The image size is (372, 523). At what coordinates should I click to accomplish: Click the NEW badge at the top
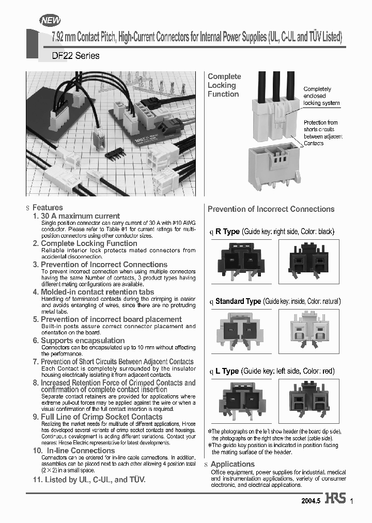tap(50, 20)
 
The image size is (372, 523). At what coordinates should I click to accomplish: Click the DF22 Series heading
tap(75, 56)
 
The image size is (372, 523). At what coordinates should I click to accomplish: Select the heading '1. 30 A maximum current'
tap(76, 216)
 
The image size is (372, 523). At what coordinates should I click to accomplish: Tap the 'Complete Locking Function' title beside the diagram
tap(224, 85)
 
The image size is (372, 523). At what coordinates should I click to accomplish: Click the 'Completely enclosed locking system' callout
tap(321, 96)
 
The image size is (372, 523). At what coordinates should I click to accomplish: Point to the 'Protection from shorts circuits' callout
tap(322, 133)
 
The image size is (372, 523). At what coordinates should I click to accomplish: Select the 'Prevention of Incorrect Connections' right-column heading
tap(271, 209)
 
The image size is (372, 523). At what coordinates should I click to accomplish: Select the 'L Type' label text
tap(227, 371)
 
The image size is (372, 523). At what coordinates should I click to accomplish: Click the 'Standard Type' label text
tap(238, 301)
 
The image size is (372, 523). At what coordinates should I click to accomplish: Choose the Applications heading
tap(233, 464)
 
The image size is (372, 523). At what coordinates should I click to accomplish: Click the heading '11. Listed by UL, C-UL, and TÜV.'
tap(89, 480)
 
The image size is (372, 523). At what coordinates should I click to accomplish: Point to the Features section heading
tap(48, 207)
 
